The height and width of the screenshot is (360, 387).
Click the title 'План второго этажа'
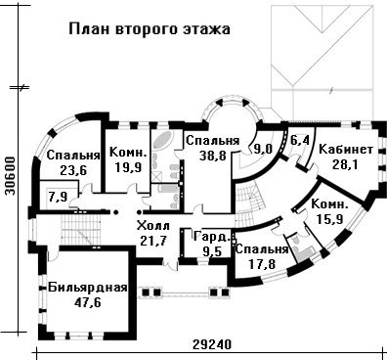(x=150, y=29)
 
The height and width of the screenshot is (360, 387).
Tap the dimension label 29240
(x=211, y=344)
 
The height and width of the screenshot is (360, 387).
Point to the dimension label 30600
(x=11, y=176)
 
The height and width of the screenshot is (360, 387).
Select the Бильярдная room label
(x=88, y=288)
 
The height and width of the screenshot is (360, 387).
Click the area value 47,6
(x=88, y=302)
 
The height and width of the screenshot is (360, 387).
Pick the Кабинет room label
(x=346, y=150)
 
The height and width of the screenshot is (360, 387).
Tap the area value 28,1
(x=345, y=164)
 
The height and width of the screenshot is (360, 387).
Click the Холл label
(x=153, y=226)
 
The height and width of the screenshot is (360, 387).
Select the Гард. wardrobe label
(x=212, y=237)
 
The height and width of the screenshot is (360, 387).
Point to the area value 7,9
(x=57, y=197)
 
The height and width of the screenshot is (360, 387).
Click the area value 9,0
(x=263, y=149)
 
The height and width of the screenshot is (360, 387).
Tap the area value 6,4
(x=299, y=141)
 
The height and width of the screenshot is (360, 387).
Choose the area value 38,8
(x=213, y=156)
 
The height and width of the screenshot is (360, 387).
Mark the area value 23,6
(x=73, y=169)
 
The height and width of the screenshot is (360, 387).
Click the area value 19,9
(x=128, y=167)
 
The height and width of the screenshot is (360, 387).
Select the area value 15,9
(x=329, y=219)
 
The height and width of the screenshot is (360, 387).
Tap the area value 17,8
(x=262, y=264)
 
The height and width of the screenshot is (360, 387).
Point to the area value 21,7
(x=153, y=241)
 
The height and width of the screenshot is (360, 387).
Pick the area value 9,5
(x=212, y=251)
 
